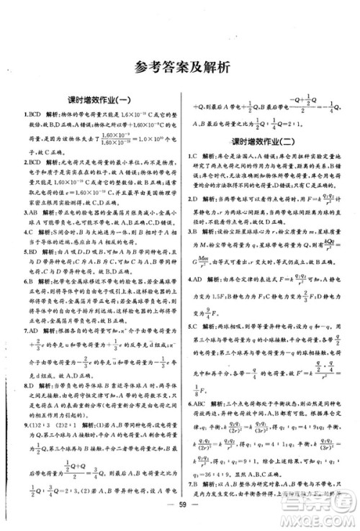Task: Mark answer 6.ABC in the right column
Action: click(x=198, y=406)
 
